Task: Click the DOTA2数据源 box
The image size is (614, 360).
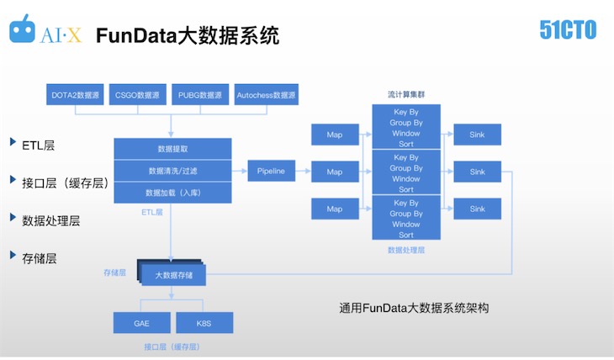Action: (x=76, y=95)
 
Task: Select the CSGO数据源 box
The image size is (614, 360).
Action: (x=139, y=95)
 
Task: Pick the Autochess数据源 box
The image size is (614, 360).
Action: (x=267, y=95)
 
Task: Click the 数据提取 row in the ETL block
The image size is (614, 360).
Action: (x=172, y=149)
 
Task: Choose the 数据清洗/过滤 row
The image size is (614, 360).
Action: (x=172, y=171)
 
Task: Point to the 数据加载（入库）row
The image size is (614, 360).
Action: (x=172, y=193)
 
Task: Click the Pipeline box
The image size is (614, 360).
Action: (x=271, y=171)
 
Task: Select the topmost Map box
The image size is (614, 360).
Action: (x=335, y=135)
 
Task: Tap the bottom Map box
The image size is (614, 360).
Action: (x=335, y=209)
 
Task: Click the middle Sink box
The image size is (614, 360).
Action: (x=477, y=172)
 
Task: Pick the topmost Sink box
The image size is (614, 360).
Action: (x=477, y=135)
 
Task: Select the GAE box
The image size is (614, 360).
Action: (x=141, y=323)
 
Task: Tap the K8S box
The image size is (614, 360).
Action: (x=204, y=323)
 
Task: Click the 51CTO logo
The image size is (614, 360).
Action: (x=568, y=30)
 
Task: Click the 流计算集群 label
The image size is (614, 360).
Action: (x=407, y=94)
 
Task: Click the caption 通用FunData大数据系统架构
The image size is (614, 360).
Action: (x=413, y=308)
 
